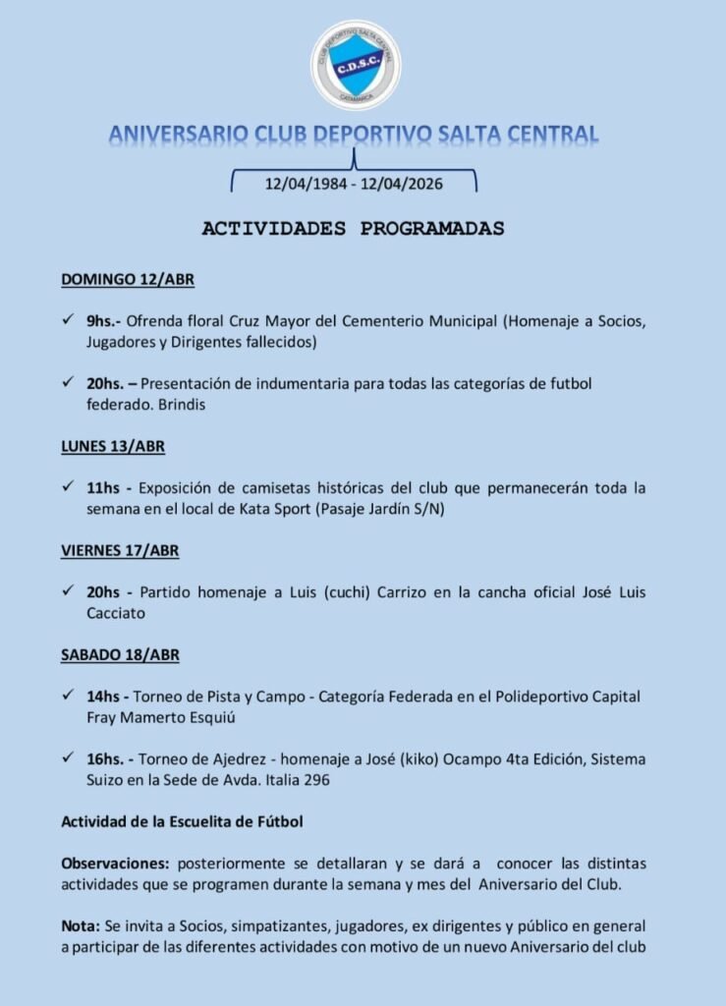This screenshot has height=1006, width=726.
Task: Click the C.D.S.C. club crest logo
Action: click(355, 64)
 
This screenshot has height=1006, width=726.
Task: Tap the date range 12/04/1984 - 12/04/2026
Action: click(353, 183)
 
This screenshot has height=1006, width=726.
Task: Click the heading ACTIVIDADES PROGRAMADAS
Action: click(353, 229)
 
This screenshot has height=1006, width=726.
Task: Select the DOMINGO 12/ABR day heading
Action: click(128, 279)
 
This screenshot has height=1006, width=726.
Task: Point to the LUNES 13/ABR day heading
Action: click(113, 446)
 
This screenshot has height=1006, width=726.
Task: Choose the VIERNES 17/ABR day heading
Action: click(120, 550)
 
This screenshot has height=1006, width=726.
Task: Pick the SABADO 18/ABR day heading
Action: click(120, 654)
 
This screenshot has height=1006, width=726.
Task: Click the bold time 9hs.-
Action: click(104, 321)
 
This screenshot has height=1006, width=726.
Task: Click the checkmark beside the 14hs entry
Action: click(67, 696)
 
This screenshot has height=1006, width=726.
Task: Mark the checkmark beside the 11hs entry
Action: click(67, 487)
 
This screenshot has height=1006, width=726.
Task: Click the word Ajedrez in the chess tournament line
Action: click(216, 759)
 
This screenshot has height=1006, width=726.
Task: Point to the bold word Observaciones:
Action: click(116, 863)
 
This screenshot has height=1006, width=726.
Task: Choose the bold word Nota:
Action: click(82, 925)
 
